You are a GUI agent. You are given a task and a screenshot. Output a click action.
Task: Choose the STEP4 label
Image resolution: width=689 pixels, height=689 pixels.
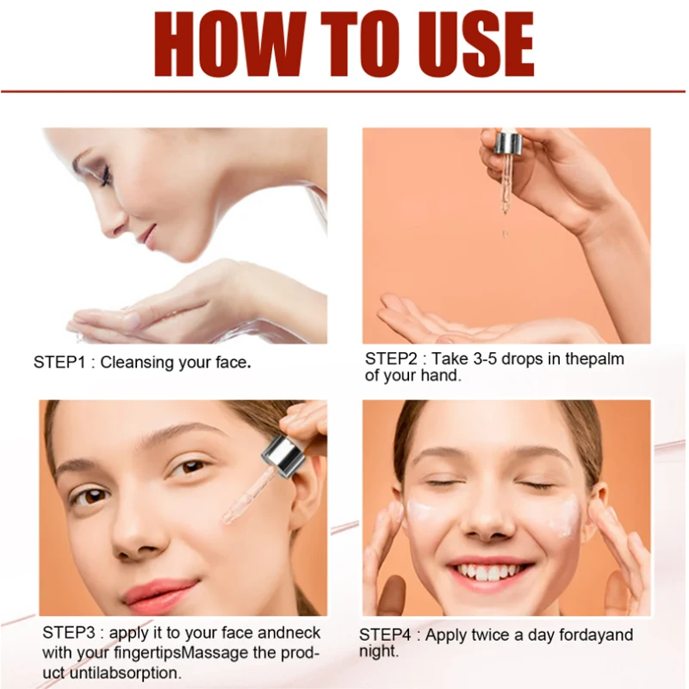[387, 635]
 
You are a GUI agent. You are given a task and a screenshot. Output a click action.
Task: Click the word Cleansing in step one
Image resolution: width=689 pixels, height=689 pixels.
[138, 363]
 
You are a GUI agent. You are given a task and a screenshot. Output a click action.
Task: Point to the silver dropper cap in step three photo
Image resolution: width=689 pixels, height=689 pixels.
[284, 453]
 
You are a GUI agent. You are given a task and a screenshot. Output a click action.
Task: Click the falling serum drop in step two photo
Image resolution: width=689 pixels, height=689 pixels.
[506, 233]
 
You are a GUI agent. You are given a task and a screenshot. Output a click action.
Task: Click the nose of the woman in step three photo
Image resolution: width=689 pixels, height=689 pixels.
[129, 538]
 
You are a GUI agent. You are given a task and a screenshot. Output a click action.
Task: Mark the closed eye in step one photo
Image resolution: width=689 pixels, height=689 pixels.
[105, 177]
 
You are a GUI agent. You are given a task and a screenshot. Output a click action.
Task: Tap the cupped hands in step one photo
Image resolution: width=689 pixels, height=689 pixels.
[155, 314]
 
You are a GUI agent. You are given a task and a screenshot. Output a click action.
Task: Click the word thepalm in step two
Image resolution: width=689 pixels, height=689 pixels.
[593, 358]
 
